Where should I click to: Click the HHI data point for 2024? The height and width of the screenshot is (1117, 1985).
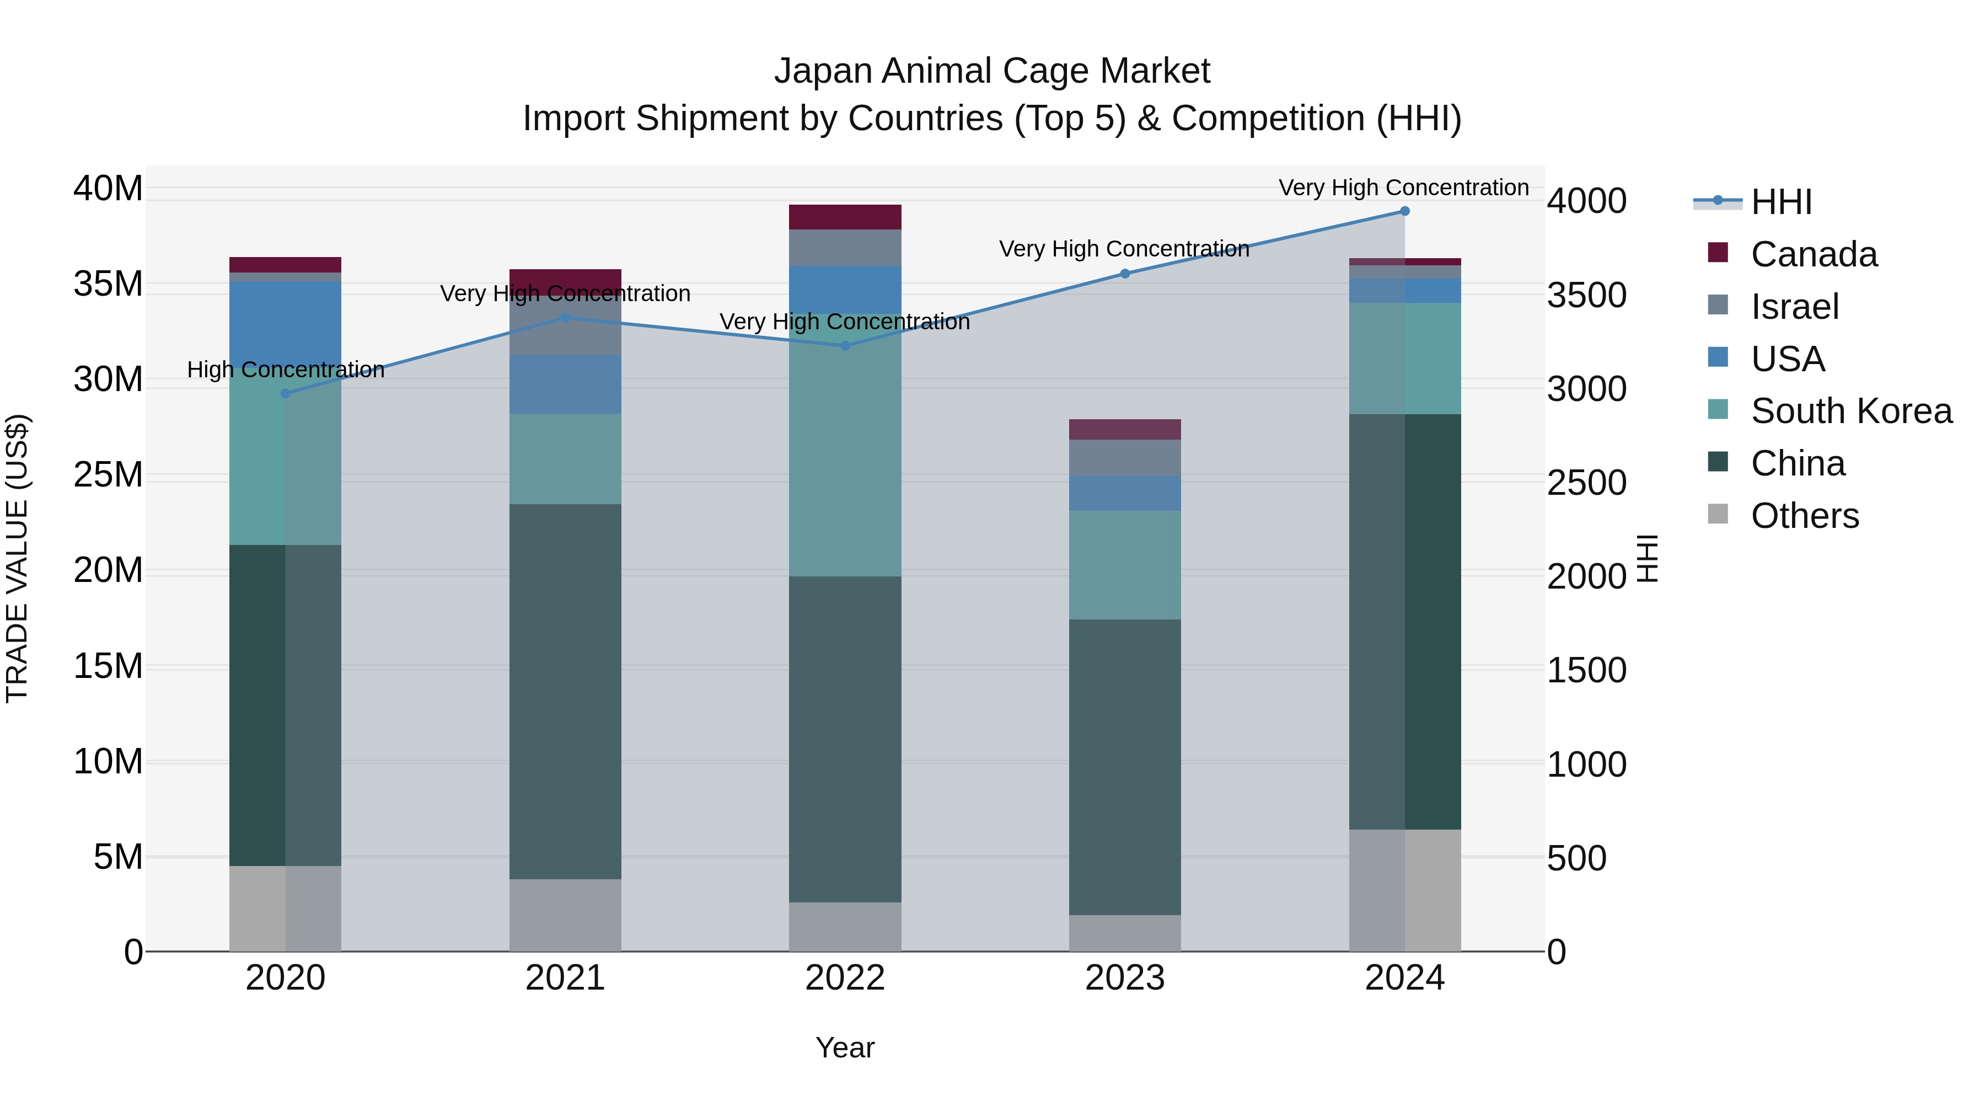coord(1404,211)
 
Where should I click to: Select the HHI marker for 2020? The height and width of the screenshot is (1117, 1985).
coord(285,393)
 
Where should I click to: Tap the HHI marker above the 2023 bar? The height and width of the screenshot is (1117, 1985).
coord(1124,274)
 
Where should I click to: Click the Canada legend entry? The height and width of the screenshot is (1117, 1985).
coord(1812,254)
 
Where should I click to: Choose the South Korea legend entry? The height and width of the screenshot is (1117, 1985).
coord(1849,411)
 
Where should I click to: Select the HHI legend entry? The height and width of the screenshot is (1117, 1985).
coord(1780,202)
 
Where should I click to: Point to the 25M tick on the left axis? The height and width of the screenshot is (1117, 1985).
coord(108,475)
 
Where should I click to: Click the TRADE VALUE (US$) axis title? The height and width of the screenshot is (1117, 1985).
coord(17,558)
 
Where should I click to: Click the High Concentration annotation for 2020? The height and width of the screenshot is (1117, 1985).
coord(285,370)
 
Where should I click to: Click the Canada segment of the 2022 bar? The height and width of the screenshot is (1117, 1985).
coord(845,217)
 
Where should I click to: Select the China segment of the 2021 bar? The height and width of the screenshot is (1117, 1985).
coord(565,692)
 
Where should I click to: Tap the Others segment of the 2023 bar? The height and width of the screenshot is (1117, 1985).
coord(1124,933)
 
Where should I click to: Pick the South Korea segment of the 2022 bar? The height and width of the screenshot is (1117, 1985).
coord(845,463)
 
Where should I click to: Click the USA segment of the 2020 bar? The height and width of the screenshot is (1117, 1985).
coord(285,320)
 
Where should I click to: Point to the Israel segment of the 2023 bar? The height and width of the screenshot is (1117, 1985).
coord(1124,457)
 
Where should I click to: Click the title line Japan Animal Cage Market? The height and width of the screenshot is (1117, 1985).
coord(992,71)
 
